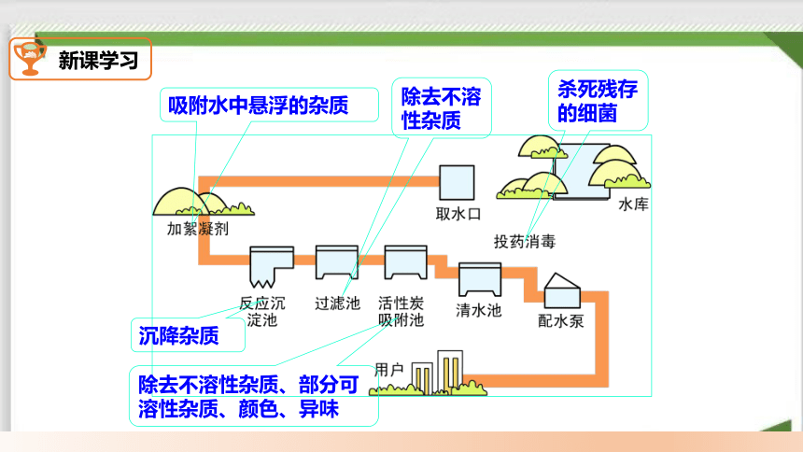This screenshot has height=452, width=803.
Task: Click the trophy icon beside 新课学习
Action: [x=30, y=57]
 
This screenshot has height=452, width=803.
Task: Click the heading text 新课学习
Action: [x=98, y=61]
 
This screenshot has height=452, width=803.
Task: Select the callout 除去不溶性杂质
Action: [x=441, y=108]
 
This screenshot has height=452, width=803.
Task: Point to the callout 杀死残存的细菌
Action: [x=598, y=101]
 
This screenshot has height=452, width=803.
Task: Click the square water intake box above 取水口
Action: [x=457, y=182]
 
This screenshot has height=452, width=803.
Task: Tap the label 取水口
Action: [x=458, y=214]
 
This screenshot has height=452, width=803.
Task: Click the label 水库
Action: [x=633, y=205]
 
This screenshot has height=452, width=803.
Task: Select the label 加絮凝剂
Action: [x=198, y=229]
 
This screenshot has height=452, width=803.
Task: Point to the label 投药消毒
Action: [x=525, y=241]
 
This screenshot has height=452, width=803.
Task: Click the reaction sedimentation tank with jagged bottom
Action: [x=272, y=266]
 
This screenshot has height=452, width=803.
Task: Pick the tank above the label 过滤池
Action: [x=337, y=261]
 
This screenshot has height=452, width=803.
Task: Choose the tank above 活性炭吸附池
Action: [x=405, y=261]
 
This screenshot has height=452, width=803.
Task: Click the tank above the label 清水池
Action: [x=480, y=279]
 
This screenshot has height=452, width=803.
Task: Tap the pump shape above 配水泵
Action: [x=562, y=290]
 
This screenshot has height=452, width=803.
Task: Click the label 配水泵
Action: [x=561, y=321]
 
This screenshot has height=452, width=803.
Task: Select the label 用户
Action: [x=388, y=370]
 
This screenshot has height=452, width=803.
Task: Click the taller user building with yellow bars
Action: [x=450, y=372]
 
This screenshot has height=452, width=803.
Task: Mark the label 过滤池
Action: [x=337, y=304]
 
